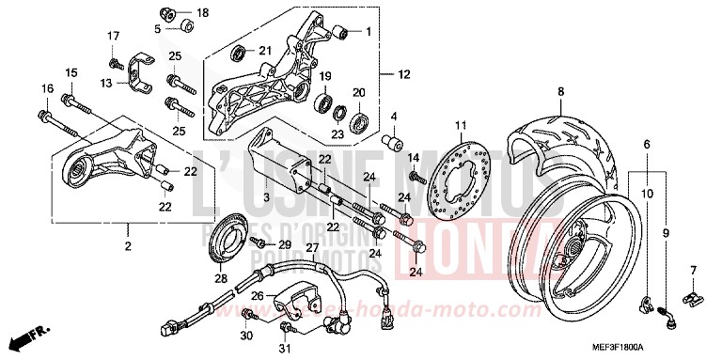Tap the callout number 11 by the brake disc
461,126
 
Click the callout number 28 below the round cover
220,279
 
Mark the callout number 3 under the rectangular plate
266,197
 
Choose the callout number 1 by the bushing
369,31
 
